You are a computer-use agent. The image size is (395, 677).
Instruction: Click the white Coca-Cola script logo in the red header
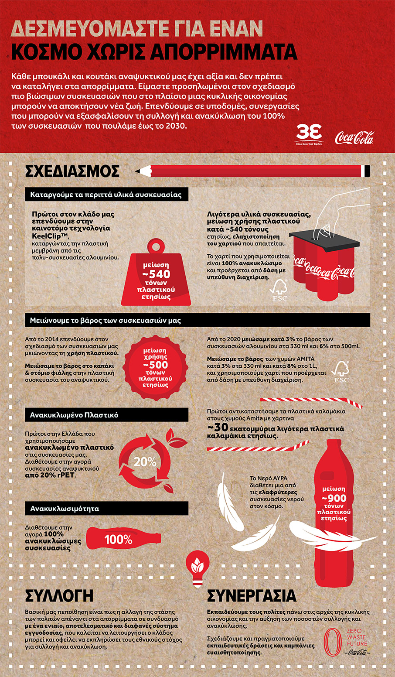point(354,137)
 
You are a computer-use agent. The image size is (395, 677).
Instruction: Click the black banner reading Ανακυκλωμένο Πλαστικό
point(106,415)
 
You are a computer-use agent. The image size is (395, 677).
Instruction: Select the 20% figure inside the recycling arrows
point(145,462)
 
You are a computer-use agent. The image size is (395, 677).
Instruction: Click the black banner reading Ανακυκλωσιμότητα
point(106,509)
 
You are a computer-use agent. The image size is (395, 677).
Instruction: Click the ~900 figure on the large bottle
point(334,498)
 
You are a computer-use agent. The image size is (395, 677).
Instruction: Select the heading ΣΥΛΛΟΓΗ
point(59,596)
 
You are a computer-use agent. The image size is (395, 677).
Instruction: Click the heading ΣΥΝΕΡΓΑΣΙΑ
point(252,596)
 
